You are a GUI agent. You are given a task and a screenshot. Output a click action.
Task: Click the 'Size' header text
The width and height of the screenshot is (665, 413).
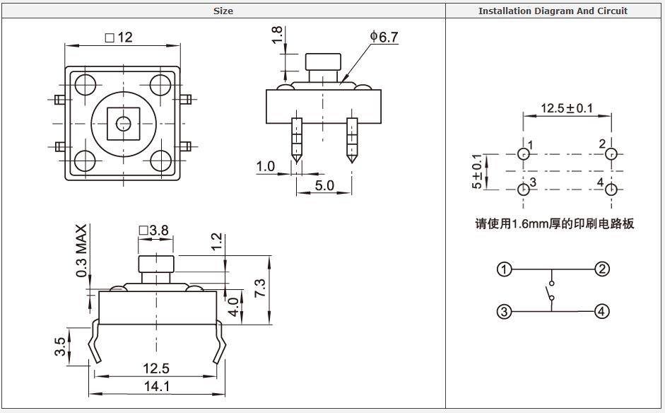click(x=223, y=11)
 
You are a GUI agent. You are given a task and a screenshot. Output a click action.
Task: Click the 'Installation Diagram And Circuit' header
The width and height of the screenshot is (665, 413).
click(x=553, y=11)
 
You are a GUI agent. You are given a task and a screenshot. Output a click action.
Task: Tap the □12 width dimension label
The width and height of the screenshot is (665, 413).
click(x=119, y=37)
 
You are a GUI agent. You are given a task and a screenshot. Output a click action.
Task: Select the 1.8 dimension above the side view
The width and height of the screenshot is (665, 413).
click(x=277, y=35)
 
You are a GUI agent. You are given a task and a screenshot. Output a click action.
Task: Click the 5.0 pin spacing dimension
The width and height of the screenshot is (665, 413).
click(x=324, y=186)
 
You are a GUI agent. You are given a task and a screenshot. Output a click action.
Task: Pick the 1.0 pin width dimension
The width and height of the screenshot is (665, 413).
click(x=266, y=167)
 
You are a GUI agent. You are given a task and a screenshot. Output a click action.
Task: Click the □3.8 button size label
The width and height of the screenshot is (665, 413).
click(x=154, y=230)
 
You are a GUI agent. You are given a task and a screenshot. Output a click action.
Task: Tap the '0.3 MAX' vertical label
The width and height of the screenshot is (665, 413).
click(x=82, y=251)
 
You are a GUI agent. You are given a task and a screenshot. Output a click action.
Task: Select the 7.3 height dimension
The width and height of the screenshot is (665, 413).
click(x=260, y=288)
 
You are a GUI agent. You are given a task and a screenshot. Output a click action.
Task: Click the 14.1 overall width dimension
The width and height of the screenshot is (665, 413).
click(x=156, y=386)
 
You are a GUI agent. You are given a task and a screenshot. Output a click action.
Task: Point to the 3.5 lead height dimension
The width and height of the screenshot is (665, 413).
click(x=61, y=347)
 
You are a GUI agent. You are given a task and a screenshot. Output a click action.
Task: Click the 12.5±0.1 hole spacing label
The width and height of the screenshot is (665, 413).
click(x=567, y=108)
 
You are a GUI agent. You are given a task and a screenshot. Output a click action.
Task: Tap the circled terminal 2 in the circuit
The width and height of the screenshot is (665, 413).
click(x=601, y=269)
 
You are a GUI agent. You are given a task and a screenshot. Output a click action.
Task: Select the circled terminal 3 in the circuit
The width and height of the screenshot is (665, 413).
click(x=504, y=311)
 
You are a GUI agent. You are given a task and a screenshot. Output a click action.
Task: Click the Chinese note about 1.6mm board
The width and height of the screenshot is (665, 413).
click(x=554, y=223)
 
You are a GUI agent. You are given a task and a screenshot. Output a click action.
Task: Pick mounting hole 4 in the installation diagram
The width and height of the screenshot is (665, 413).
click(x=612, y=189)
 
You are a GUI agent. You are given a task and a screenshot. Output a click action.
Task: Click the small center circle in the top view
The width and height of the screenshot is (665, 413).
click(x=124, y=124)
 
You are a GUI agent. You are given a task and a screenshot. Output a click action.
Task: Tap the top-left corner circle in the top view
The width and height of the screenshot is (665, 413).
click(x=85, y=85)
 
